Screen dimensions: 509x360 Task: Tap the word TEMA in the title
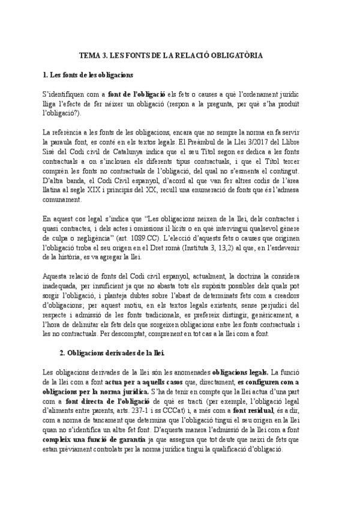click(x=91, y=55)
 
